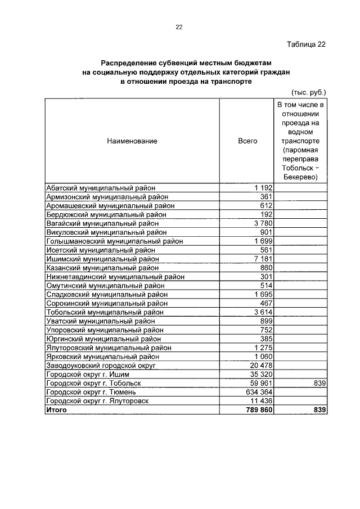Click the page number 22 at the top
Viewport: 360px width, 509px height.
pyautogui.click(x=179, y=27)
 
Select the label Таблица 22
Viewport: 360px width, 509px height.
pyautogui.click(x=306, y=44)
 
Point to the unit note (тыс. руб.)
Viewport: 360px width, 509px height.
pyautogui.click(x=309, y=92)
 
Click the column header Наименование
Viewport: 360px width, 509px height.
pyautogui.click(x=132, y=141)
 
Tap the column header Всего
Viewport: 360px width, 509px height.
pyautogui.click(x=247, y=141)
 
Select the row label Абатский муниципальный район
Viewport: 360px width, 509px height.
pyautogui.click(x=101, y=188)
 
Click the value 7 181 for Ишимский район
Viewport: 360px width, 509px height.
pyautogui.click(x=263, y=259)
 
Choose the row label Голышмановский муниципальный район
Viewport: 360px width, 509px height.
pyautogui.click(x=115, y=241)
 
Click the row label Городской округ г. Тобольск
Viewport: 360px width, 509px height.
pyautogui.click(x=93, y=384)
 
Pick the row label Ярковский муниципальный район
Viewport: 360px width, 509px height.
pyautogui.click(x=102, y=357)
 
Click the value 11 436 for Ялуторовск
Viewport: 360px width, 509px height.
pyautogui.click(x=260, y=401)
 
